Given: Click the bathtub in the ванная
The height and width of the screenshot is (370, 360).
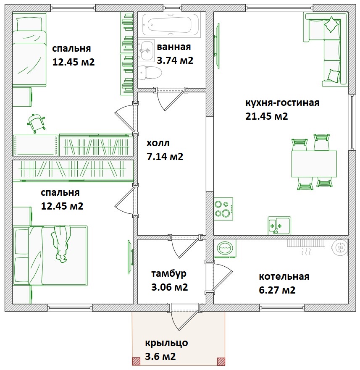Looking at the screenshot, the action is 169,24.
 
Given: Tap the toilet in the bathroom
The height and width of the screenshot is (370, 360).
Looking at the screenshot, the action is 150,73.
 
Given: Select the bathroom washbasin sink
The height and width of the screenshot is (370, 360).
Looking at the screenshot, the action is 146,50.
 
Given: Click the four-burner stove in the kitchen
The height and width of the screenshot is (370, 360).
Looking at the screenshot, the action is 223,209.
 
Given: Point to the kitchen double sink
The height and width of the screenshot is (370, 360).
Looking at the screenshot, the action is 279,226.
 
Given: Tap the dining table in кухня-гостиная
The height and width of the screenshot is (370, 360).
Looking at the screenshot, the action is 314,164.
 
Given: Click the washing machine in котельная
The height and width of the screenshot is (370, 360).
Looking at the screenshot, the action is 225,249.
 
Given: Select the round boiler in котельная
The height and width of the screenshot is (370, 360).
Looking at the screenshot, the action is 340,247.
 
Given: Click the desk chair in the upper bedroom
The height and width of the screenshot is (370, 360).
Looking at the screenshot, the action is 36,123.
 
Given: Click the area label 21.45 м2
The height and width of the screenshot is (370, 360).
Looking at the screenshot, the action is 266,116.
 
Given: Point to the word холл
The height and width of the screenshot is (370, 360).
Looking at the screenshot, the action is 158,143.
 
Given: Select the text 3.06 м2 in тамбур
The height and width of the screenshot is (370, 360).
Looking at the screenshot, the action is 169,287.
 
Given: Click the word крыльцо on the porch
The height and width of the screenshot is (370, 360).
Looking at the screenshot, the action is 166,343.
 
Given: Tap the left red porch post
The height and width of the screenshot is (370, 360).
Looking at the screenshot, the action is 136,361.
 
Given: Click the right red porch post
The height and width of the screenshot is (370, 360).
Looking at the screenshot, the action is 221,361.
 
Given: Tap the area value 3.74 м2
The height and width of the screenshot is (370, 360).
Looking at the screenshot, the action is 175,60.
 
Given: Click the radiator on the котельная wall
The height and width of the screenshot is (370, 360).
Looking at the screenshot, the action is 306,243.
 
